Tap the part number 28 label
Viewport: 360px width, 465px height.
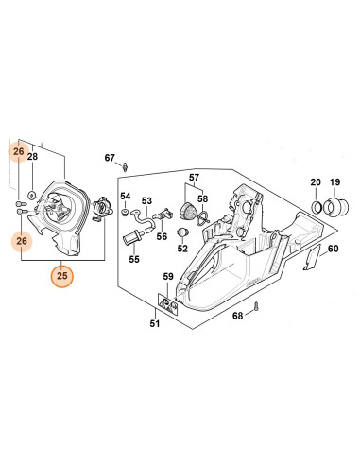[x=31, y=157]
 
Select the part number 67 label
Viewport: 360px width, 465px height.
[x=109, y=157]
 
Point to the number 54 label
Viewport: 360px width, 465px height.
[x=125, y=196]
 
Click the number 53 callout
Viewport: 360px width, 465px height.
[x=146, y=200]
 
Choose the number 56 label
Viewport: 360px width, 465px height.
[x=162, y=237]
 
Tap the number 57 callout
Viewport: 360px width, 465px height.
[x=194, y=178]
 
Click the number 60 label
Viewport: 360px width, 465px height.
[x=332, y=250]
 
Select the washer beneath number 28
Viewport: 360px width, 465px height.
[x=31, y=194]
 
